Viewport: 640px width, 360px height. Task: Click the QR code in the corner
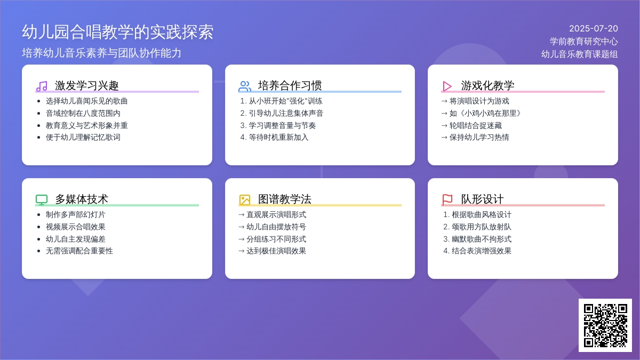pos(605,325)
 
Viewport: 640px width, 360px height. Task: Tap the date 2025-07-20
pos(594,29)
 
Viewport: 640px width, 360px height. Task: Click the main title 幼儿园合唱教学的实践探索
pos(118,31)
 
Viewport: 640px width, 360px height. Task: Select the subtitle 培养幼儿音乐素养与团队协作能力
pos(101,53)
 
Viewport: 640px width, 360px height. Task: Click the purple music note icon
pos(42,86)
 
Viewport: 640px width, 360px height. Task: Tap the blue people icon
pos(245,86)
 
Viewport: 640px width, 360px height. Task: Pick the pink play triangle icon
pos(447,86)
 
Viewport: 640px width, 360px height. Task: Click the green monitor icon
pos(42,199)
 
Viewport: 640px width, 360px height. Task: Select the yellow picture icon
pos(245,199)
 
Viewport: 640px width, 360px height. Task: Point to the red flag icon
pos(447,199)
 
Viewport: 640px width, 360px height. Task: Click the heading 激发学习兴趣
pos(86,85)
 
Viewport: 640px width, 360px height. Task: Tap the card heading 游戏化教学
pos(487,85)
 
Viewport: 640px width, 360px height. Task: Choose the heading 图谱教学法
pos(285,199)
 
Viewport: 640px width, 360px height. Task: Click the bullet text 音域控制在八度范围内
pos(83,114)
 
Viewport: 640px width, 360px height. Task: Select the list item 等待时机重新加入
pos(278,138)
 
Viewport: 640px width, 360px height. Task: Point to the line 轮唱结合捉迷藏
pos(475,125)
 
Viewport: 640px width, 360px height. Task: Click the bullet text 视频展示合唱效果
pos(76,227)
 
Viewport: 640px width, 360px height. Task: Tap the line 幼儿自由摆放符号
pos(276,227)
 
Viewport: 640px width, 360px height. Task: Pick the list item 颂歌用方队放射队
pos(482,227)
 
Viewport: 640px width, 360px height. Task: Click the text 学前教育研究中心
pos(583,42)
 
